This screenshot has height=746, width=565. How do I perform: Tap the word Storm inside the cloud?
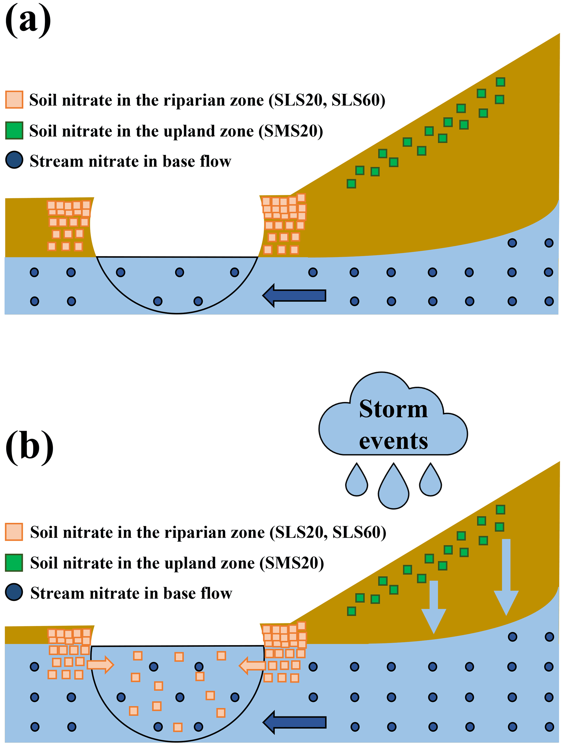click(x=393, y=409)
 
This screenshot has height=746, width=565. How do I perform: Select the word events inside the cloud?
click(x=393, y=441)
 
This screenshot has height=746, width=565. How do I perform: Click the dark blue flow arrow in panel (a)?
click(x=294, y=295)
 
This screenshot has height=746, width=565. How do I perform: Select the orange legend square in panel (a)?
click(x=14, y=100)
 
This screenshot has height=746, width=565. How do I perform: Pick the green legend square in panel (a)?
click(x=14, y=130)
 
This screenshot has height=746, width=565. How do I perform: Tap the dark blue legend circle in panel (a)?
click(x=14, y=160)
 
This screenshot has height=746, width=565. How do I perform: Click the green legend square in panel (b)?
click(x=14, y=563)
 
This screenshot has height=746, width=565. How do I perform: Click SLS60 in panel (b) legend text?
click(x=357, y=532)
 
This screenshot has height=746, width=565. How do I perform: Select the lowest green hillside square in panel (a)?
click(x=351, y=184)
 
